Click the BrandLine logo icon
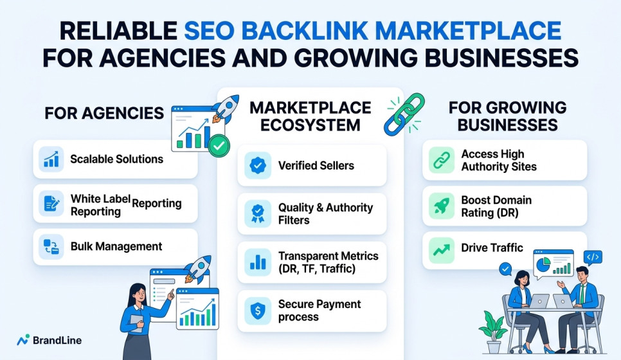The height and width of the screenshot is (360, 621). [x=23, y=340]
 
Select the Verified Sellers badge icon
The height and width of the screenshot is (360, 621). [x=258, y=166]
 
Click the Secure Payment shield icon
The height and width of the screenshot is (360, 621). [x=258, y=311]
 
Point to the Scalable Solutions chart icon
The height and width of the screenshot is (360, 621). [x=51, y=159]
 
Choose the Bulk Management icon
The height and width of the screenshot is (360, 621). [x=51, y=246]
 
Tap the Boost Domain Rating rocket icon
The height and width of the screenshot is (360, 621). [x=442, y=206]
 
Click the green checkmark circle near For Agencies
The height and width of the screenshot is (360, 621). [x=219, y=146]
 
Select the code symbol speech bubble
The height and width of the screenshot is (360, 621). [x=593, y=258]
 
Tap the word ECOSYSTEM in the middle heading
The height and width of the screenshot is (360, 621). [x=310, y=125]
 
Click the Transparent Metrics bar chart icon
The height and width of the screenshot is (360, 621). [x=258, y=262]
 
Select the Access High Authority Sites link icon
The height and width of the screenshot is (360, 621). [x=442, y=160]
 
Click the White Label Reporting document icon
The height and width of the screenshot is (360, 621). [x=51, y=204]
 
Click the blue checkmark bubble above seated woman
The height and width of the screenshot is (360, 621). [x=505, y=269]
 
